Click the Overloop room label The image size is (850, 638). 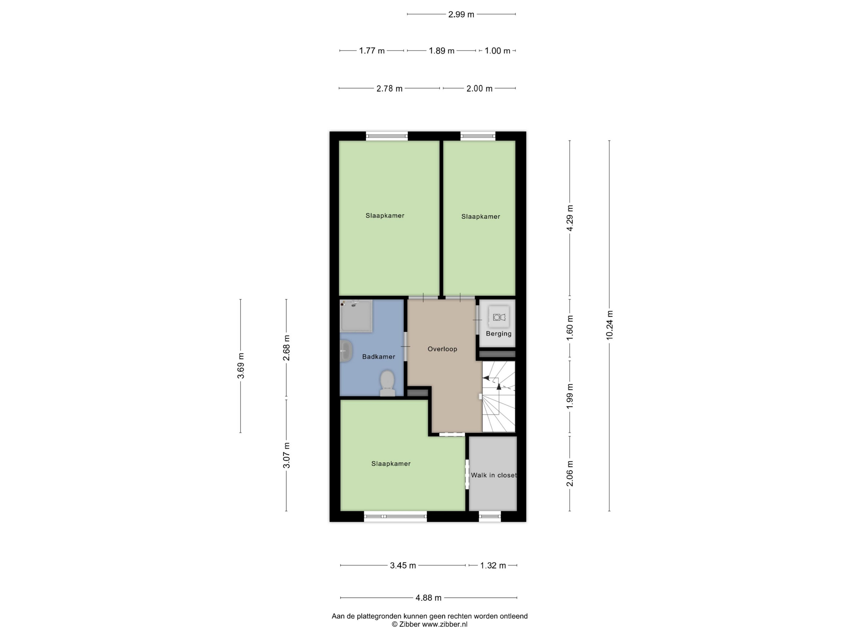pos(442,349)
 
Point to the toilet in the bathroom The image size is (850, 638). pos(387,383)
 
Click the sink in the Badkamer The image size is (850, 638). pos(346,351)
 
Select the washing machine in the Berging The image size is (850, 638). pos(499,317)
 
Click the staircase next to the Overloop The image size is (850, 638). pos(498,396)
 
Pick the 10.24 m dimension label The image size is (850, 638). pos(610,325)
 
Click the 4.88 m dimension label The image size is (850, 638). pos(428,598)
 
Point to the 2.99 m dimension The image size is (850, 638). pos(461,14)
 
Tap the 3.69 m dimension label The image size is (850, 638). pos(240,366)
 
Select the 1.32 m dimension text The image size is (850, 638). pos(493,565)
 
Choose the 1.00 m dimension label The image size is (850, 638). pos(497,51)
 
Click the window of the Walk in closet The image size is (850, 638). pos(490,516)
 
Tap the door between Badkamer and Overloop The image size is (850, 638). pos(405,347)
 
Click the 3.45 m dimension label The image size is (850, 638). pos(403,565)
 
